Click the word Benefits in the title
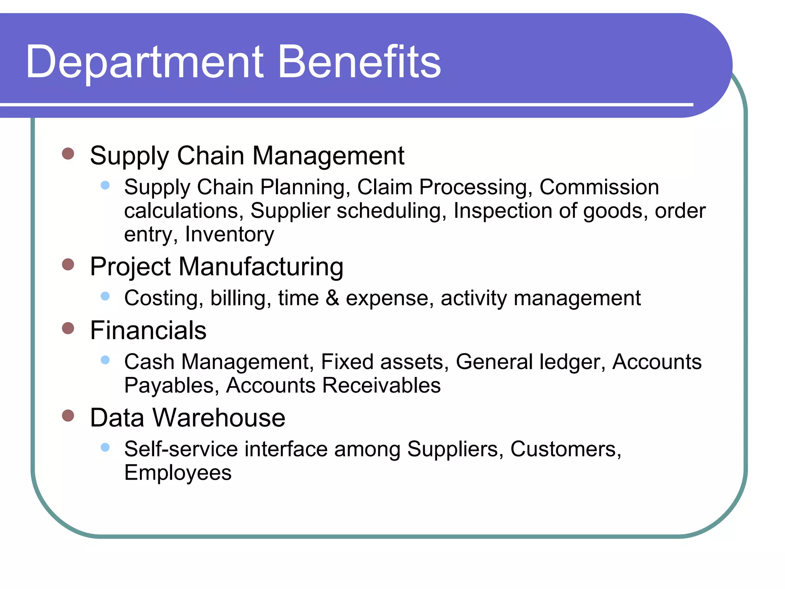pyautogui.click(x=359, y=61)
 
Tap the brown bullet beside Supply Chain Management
pyautogui.click(x=68, y=154)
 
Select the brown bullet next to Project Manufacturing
pyautogui.click(x=68, y=264)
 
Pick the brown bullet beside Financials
pyautogui.click(x=68, y=328)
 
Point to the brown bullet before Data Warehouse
pyautogui.click(x=68, y=415)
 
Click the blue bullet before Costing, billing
pyautogui.click(x=105, y=296)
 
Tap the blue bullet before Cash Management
pyautogui.click(x=105, y=360)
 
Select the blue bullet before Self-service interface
pyautogui.click(x=105, y=447)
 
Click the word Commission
pyautogui.click(x=599, y=187)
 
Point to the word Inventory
pyautogui.click(x=230, y=234)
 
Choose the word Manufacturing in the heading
pyautogui.click(x=261, y=267)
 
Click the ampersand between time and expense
pyautogui.click(x=332, y=298)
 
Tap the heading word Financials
pyautogui.click(x=148, y=330)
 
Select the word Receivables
pyautogui.click(x=381, y=385)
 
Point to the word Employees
pyautogui.click(x=178, y=472)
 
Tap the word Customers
pyautogui.click(x=565, y=449)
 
